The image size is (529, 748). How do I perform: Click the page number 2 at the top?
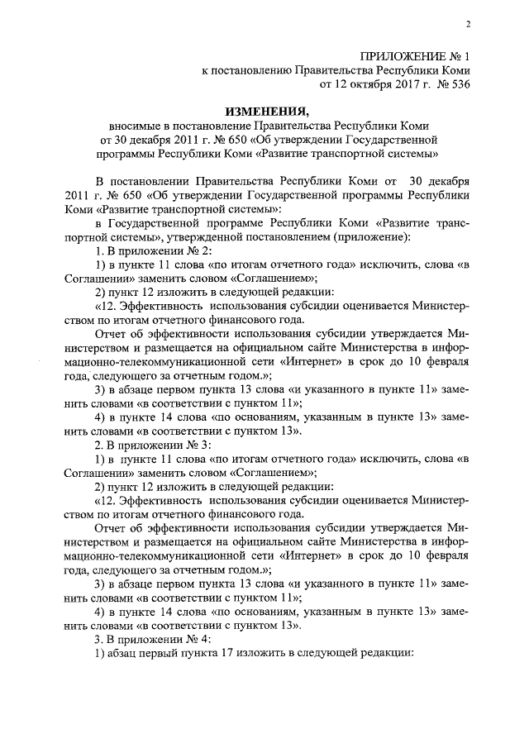(x=468, y=24)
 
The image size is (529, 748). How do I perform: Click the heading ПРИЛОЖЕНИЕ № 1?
(x=413, y=57)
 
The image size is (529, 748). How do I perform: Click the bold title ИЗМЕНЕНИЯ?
(x=267, y=112)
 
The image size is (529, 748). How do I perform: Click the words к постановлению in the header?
(x=245, y=71)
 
